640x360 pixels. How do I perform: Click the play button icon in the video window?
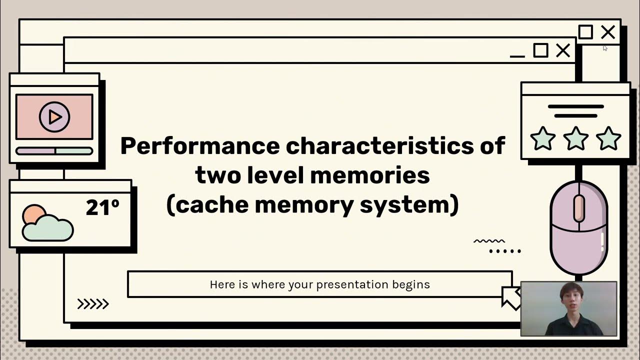(54, 116)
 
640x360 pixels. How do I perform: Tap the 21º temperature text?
(102, 207)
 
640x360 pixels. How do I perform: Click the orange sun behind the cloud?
(33, 214)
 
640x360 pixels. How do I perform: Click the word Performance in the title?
(199, 146)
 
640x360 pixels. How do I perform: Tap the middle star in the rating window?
(575, 138)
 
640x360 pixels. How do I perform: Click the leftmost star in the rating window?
(542, 138)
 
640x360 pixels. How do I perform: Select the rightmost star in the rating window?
(608, 138)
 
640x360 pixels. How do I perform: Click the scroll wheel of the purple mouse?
(579, 208)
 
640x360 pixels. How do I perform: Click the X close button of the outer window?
(608, 32)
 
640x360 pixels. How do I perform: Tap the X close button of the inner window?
(563, 50)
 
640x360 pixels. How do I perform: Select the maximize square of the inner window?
(540, 50)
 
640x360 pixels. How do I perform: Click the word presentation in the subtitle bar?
(352, 284)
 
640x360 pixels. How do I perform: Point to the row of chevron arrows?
(93, 303)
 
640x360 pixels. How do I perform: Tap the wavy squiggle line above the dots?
(489, 241)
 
